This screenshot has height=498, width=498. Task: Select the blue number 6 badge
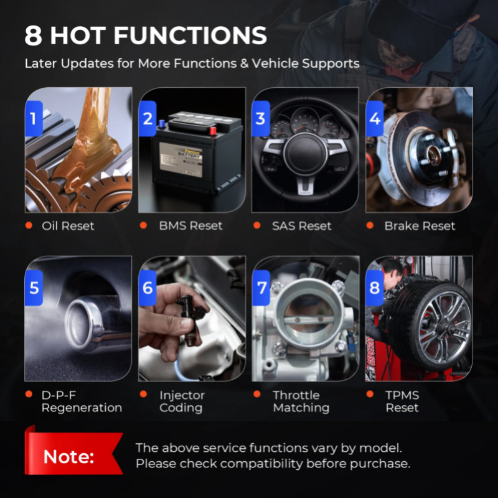(x=148, y=288)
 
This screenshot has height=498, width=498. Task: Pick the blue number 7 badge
(x=261, y=288)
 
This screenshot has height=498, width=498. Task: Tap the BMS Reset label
(x=190, y=226)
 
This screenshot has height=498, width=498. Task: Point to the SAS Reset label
(x=302, y=226)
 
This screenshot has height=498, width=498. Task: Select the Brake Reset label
(x=420, y=226)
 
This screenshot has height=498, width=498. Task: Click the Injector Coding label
(x=182, y=402)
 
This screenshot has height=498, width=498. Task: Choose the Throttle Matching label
(x=301, y=402)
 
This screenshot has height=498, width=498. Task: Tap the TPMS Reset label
(x=402, y=402)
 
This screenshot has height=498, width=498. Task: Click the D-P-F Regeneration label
(x=82, y=402)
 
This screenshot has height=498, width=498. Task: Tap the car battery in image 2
(x=196, y=153)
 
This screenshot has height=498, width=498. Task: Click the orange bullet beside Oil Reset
(x=29, y=225)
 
